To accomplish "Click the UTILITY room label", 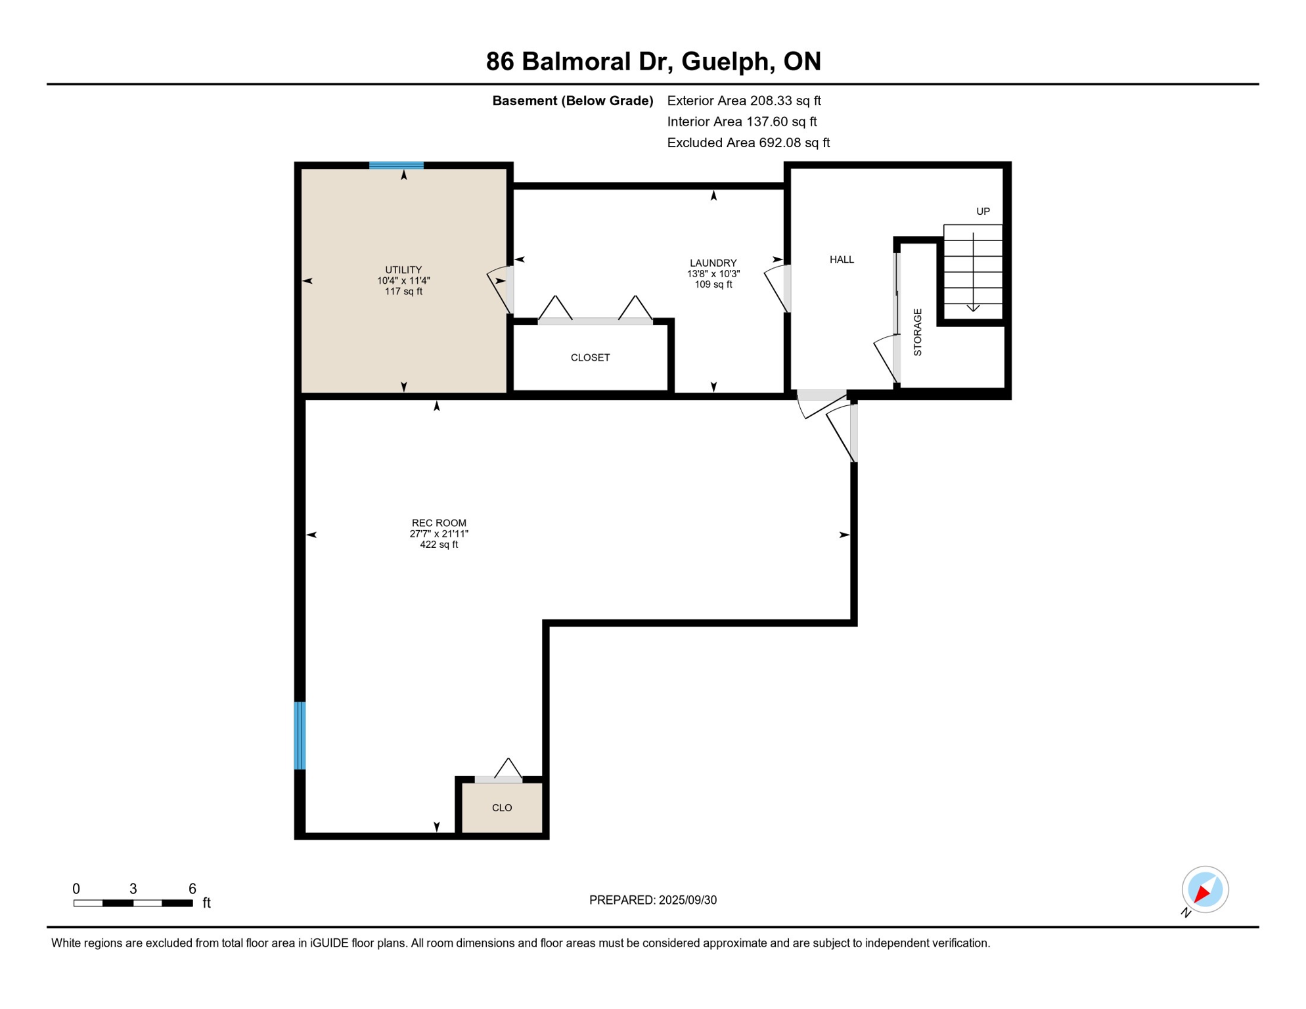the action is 403,270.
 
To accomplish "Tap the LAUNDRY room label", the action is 713,263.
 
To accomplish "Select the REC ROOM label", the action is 439,523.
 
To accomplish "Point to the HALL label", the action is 842,259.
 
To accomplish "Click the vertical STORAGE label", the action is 918,332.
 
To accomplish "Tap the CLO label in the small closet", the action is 502,808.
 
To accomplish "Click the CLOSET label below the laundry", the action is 590,357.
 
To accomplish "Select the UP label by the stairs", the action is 983,212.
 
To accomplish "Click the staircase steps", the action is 973,272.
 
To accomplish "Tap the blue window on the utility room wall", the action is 396,166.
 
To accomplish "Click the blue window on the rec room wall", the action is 300,735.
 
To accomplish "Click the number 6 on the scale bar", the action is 192,889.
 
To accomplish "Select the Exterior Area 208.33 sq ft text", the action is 744,101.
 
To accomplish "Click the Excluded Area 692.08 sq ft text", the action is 748,143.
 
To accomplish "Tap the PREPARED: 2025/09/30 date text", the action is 653,900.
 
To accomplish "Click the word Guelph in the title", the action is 725,62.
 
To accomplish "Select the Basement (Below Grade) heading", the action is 573,101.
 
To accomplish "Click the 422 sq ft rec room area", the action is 439,545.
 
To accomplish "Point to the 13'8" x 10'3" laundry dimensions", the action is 713,274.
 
